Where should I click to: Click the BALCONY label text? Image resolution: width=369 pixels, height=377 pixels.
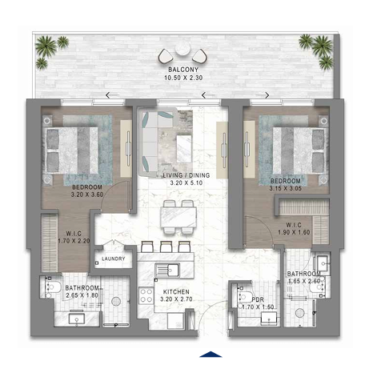coord(183,70)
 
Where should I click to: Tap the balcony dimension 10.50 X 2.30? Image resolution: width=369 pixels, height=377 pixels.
coord(183,78)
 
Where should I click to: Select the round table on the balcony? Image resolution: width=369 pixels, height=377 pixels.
coord(182,49)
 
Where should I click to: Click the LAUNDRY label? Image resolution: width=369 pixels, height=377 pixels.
coord(114,259)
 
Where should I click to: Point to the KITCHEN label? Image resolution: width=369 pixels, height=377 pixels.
coord(176,291)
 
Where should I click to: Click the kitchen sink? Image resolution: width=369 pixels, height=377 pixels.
coord(166,270)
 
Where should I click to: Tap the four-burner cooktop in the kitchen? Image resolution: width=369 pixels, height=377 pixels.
coord(146,295)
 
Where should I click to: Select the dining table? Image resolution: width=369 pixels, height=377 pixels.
coord(178,217)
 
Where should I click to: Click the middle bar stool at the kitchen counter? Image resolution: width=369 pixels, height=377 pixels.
coord(166,247)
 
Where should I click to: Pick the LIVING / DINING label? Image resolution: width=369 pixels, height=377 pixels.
coord(187,175)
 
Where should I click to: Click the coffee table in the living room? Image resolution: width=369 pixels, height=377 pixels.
coord(184,149)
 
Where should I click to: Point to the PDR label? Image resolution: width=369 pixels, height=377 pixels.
coord(258,299)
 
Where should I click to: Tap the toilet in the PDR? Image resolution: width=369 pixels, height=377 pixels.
coord(245,297)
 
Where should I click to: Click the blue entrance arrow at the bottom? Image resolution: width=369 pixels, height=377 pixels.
coord(211,354)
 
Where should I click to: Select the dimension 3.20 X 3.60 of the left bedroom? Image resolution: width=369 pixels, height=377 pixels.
coord(87,195)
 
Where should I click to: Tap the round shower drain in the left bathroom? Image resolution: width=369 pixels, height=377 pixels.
coord(116,302)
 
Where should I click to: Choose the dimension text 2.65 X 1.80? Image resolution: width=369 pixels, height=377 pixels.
coord(82,295)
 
